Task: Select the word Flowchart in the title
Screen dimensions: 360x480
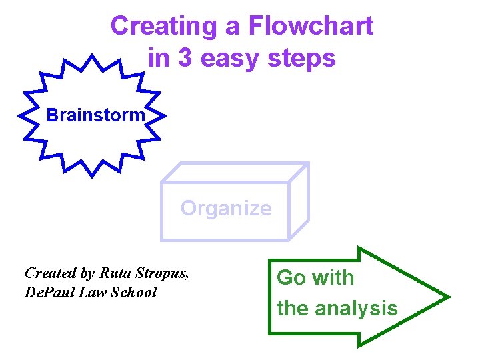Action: (x=311, y=27)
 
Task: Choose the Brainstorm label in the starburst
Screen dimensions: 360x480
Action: (x=95, y=115)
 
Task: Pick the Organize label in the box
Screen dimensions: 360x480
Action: (x=226, y=209)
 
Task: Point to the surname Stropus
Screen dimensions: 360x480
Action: (x=161, y=273)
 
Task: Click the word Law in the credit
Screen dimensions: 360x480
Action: (x=92, y=292)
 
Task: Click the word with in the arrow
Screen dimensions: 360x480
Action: (x=333, y=277)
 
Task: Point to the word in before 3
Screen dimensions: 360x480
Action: (x=159, y=59)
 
